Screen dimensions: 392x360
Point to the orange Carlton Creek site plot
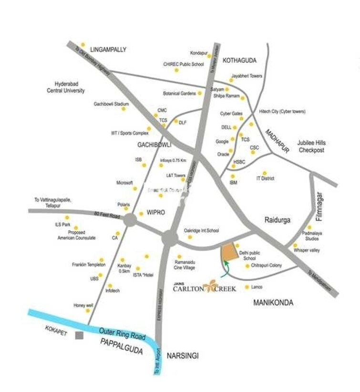(x=230, y=252)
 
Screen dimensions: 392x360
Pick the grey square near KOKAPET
(x=79, y=335)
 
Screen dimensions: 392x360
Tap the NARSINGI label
(x=182, y=356)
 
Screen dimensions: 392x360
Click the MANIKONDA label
(x=273, y=302)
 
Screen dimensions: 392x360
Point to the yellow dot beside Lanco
(x=247, y=287)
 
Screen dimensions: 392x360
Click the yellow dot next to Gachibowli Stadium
(x=124, y=109)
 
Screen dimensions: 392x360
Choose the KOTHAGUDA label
(x=239, y=61)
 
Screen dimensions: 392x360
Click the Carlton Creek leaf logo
(x=210, y=287)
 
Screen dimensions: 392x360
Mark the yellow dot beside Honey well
(x=88, y=310)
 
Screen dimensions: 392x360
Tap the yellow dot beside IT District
(x=265, y=173)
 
